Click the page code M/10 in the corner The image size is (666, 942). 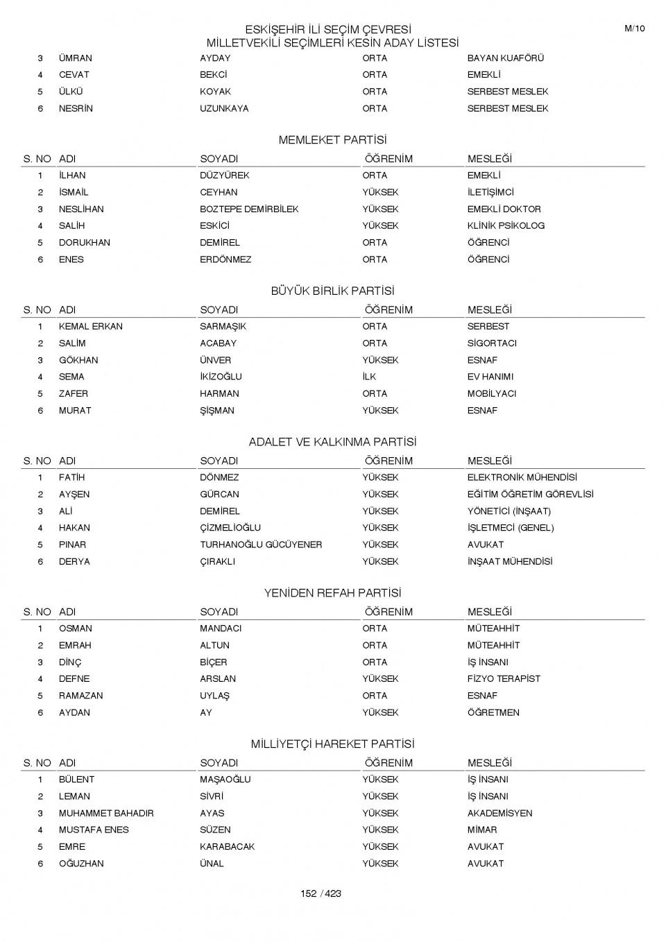pyautogui.click(x=634, y=28)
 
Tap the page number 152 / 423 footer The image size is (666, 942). pyautogui.click(x=321, y=893)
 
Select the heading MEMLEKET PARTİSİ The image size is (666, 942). pyautogui.click(x=332, y=140)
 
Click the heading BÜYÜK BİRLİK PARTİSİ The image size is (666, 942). pyautogui.click(x=332, y=291)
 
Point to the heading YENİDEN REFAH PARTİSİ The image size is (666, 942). pyautogui.click(x=332, y=593)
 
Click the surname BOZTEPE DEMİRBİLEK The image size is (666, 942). pyautogui.click(x=249, y=209)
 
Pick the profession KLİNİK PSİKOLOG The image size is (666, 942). pyautogui.click(x=506, y=225)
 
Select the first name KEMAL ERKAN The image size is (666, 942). pyautogui.click(x=90, y=326)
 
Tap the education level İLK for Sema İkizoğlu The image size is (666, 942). pyautogui.click(x=369, y=377)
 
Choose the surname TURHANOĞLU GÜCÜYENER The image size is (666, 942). pyautogui.click(x=261, y=545)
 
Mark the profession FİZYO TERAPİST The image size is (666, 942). pyautogui.click(x=503, y=678)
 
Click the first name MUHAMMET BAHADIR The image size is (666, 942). pyautogui.click(x=106, y=813)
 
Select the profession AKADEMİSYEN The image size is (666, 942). pyautogui.click(x=499, y=813)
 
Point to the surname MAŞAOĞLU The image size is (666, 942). pyautogui.click(x=225, y=780)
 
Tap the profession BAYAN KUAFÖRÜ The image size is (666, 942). pyautogui.click(x=505, y=58)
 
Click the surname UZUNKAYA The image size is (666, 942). pyautogui.click(x=224, y=108)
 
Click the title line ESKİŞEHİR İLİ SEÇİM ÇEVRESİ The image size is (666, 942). pyautogui.click(x=327, y=29)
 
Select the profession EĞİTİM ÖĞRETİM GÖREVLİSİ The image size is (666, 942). pyautogui.click(x=530, y=495)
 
